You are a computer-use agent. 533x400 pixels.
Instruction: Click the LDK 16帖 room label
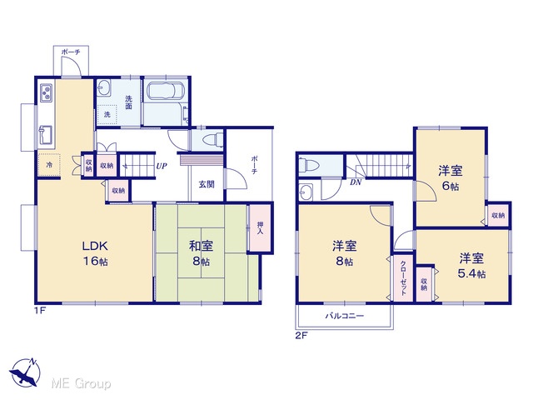click(96, 253)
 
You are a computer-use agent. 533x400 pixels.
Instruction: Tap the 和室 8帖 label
click(201, 253)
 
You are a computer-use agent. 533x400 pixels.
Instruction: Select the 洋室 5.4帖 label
click(472, 266)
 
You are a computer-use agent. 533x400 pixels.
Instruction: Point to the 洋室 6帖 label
click(451, 177)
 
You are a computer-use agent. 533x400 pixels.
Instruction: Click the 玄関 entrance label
click(207, 184)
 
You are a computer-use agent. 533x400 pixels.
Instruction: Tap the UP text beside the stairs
click(162, 167)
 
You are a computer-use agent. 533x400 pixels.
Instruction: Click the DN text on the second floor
click(356, 182)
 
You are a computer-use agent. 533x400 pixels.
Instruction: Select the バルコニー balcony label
click(345, 316)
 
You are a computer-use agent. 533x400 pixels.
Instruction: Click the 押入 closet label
click(260, 227)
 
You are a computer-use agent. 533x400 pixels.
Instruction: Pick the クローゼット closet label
click(403, 278)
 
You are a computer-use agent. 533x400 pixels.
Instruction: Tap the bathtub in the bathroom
click(166, 91)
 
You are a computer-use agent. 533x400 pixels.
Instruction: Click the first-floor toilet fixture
click(213, 140)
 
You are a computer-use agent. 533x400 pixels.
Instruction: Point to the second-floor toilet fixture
click(309, 165)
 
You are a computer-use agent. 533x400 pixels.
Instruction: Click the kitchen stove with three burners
click(47, 92)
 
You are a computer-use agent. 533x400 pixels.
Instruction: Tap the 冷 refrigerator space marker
click(49, 165)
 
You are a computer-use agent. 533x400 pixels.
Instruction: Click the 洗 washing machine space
click(107, 115)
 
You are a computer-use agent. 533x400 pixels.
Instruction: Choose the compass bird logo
click(25, 372)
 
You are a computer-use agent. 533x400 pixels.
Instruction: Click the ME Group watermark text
click(81, 383)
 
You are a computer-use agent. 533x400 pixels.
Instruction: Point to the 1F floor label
click(39, 310)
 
